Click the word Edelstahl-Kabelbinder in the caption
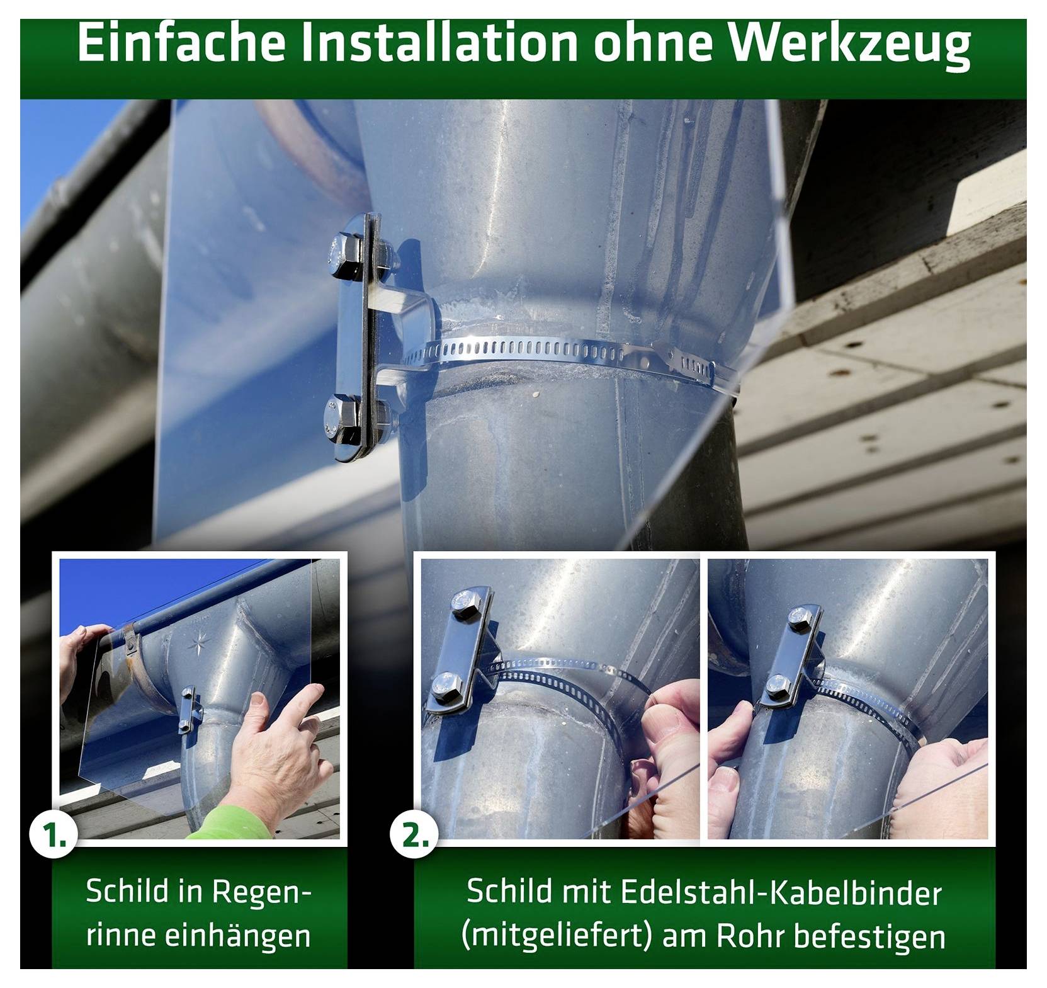point(781,892)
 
